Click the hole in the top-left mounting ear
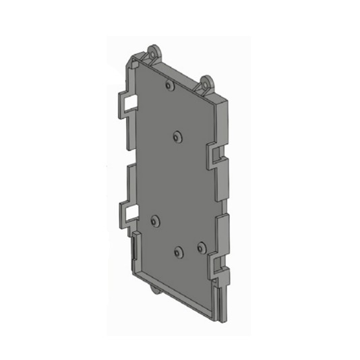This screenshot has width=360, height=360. click(x=154, y=51)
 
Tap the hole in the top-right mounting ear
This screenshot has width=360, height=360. click(x=207, y=84)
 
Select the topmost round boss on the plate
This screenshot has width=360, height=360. click(x=169, y=86)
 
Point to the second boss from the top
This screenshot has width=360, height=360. click(x=177, y=136)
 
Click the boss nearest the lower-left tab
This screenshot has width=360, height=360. click(x=156, y=220)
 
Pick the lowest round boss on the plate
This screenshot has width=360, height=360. click(x=178, y=252)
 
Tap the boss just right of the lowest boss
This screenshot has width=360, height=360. click(x=200, y=246)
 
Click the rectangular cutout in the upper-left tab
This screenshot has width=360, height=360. click(x=131, y=100)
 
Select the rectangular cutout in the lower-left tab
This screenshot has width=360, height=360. click(x=131, y=214)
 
